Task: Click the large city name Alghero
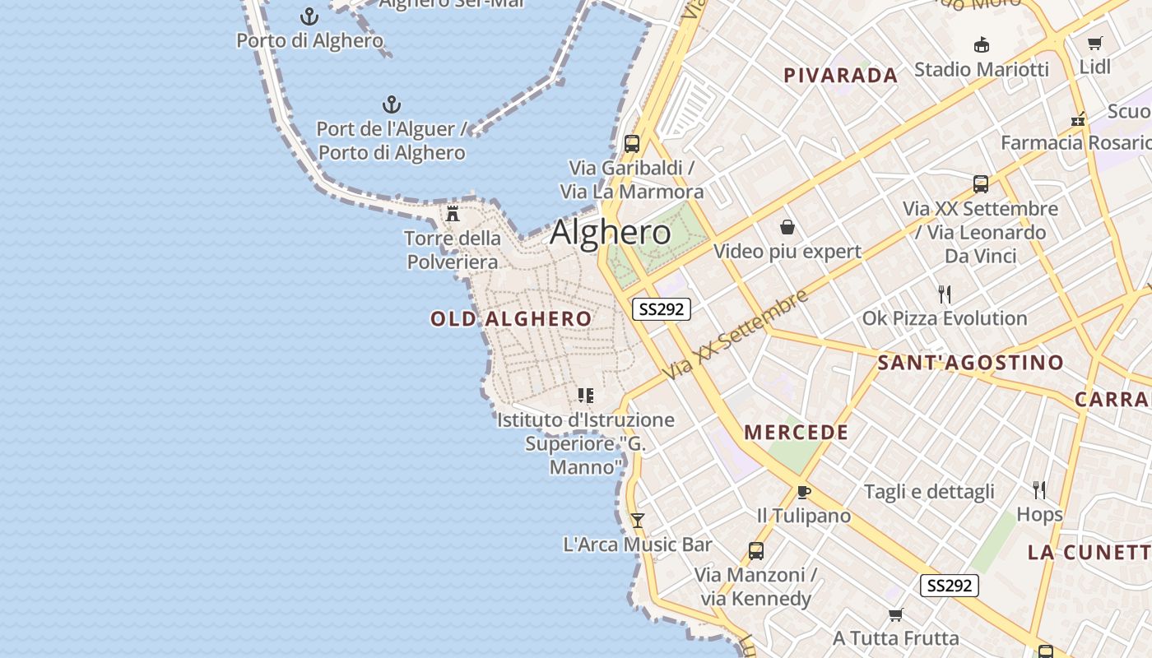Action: (x=610, y=233)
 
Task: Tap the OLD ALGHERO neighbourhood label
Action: (x=511, y=319)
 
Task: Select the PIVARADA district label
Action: (x=840, y=76)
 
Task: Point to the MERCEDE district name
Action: (x=796, y=433)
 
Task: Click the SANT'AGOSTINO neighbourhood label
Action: (x=970, y=363)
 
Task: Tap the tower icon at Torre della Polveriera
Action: (x=453, y=214)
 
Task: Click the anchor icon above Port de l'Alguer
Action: (x=392, y=104)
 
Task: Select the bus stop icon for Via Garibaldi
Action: (x=632, y=144)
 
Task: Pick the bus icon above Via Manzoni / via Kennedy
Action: (x=755, y=550)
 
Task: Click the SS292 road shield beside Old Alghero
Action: (x=661, y=309)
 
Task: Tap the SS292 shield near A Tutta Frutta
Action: (x=949, y=586)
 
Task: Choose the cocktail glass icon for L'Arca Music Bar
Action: (x=637, y=521)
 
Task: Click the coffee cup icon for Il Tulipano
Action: (x=803, y=492)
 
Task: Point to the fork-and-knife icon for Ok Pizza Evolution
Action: (x=945, y=294)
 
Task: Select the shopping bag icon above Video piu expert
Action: (x=787, y=227)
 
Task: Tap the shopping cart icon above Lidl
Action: (x=1094, y=43)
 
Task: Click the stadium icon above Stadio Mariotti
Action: (x=981, y=44)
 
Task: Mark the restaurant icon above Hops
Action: (x=1039, y=490)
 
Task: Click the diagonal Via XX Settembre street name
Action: (x=737, y=335)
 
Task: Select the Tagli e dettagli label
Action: (x=929, y=492)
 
